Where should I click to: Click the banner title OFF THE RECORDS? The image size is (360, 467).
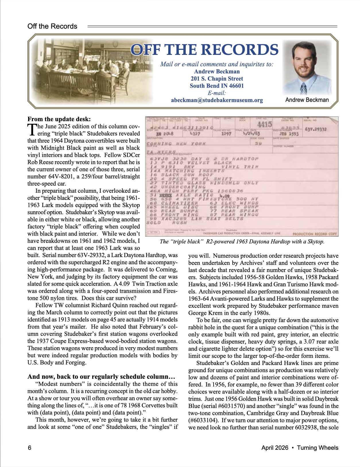click(x=204, y=50)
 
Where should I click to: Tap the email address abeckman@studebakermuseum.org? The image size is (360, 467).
click(x=217, y=100)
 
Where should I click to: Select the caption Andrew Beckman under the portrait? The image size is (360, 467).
click(x=307, y=100)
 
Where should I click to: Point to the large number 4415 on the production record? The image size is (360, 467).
click(x=264, y=124)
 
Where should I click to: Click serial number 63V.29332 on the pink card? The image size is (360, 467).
click(x=316, y=130)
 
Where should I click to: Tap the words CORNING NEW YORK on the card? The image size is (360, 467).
click(x=176, y=144)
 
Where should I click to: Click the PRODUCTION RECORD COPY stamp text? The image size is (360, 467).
click(x=314, y=234)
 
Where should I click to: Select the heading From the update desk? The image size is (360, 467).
click(x=59, y=119)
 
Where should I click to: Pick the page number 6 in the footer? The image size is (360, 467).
click(x=29, y=448)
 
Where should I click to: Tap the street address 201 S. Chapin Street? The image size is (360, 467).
click(x=217, y=79)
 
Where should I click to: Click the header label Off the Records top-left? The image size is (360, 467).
click(x=52, y=26)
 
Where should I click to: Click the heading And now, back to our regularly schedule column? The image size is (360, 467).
click(x=101, y=377)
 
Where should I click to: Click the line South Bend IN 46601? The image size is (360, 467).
click(x=217, y=86)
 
